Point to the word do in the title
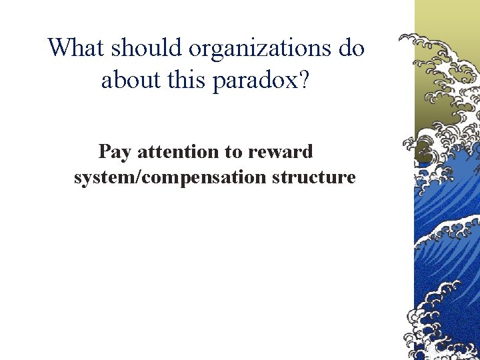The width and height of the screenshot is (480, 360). [x=351, y=48]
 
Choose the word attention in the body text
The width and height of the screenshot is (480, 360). [x=179, y=152]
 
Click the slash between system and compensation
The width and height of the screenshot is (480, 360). [x=133, y=178]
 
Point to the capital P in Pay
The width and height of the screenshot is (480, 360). [x=105, y=152]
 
